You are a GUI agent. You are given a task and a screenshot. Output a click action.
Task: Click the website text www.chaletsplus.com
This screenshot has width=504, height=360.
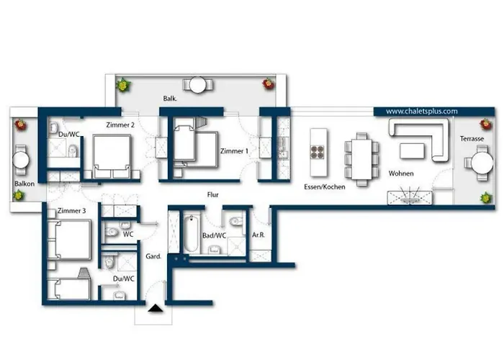[x=422, y=112]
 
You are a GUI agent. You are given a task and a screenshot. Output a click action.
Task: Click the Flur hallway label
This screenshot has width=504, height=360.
[x=212, y=194]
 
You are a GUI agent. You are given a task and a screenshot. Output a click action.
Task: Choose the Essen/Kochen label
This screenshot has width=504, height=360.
[x=324, y=186]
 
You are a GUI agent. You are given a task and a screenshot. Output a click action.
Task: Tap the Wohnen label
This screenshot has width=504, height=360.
[x=401, y=174]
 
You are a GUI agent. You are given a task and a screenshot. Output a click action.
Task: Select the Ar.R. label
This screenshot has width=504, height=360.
[x=259, y=235]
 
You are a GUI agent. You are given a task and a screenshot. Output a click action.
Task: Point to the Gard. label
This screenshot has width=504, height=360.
[x=153, y=256]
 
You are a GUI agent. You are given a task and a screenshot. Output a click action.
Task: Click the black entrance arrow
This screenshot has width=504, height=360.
[x=154, y=310]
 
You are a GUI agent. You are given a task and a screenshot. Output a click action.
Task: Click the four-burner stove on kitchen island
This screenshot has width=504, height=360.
[x=316, y=152]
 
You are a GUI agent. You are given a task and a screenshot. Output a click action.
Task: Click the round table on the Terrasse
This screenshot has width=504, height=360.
[x=480, y=163]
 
